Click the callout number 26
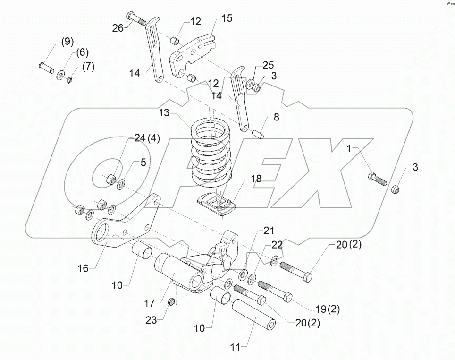(118, 28)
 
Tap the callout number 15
(227, 18)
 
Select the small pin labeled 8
(257, 134)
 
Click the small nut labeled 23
(173, 301)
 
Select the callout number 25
(267, 65)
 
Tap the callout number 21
(269, 231)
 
